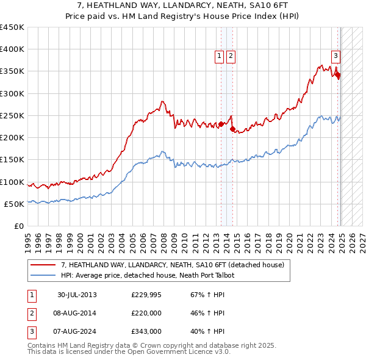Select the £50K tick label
coord(15,204)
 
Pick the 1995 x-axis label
coord(28,238)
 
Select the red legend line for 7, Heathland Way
coord(43,265)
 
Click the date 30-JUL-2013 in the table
coord(77,295)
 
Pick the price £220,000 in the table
coord(146,314)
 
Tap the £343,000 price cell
coord(146,331)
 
